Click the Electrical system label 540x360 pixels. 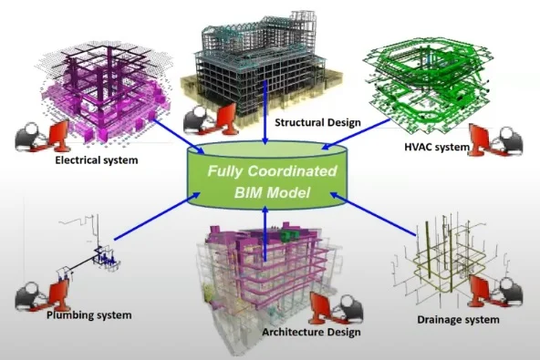click(x=97, y=160)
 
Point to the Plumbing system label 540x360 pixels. click(x=89, y=314)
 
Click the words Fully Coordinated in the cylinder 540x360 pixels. click(x=270, y=170)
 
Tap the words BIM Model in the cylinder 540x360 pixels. click(x=270, y=193)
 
